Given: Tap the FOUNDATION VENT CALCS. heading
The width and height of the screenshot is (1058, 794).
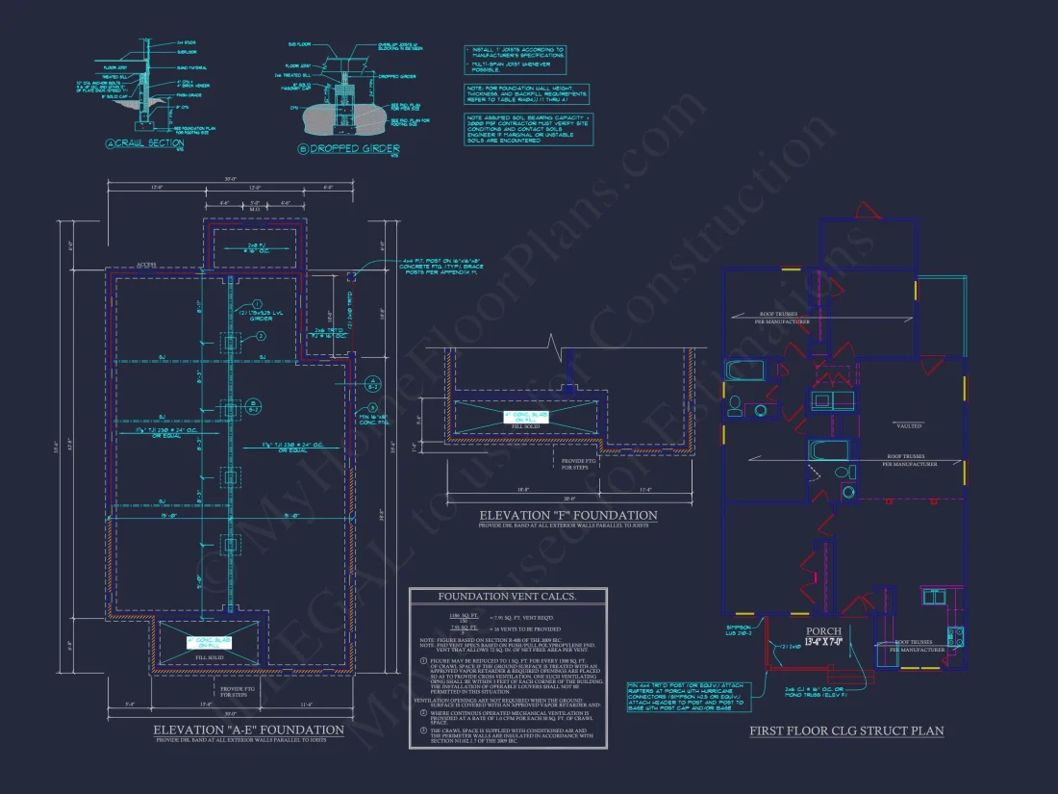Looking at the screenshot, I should pos(507,598).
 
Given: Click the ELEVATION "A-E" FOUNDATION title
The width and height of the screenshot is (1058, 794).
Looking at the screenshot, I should pos(248,730).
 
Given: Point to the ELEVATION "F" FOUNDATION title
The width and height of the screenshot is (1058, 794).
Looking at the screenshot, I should pos(568,516).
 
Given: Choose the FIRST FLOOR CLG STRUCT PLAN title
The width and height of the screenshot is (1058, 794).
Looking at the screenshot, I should pos(846,731).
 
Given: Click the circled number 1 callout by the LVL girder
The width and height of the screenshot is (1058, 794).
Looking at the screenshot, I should pos(259,304).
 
